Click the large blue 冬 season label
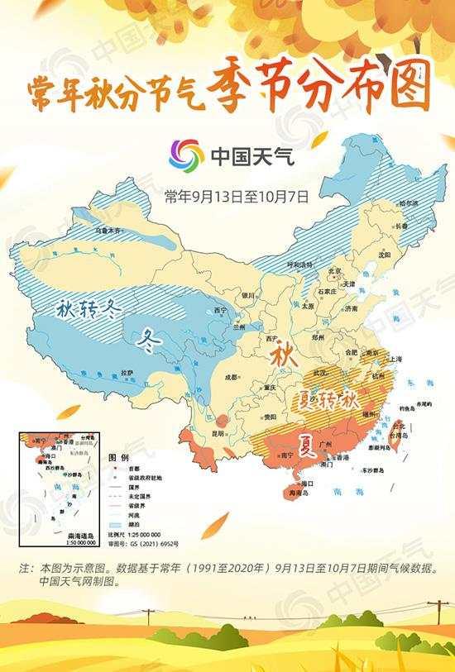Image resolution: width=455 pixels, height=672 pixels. click(149, 337)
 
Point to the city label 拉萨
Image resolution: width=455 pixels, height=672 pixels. click(126, 374)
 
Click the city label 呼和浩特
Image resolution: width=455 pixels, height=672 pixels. click(299, 265)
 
